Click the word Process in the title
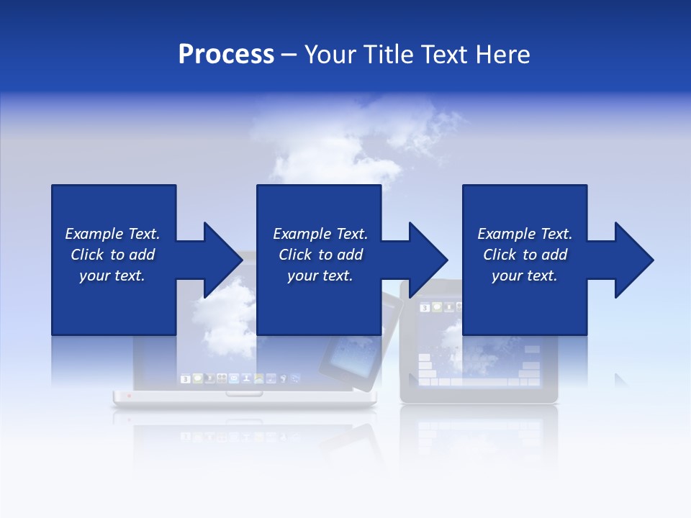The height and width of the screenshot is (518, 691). coord(226,55)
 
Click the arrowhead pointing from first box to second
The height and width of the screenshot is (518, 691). coord(222,260)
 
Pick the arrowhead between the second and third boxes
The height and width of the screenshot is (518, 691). coord(428,260)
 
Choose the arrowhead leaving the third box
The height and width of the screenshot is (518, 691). coord(634,260)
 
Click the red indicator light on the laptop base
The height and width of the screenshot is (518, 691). coord(130,395)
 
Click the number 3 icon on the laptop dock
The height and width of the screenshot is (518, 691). coord(185,378)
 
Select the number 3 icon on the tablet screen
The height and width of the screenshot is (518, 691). coord(425,308)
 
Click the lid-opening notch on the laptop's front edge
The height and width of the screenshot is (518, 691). coord(244,394)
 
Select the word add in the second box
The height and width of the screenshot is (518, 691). coord(349,255)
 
